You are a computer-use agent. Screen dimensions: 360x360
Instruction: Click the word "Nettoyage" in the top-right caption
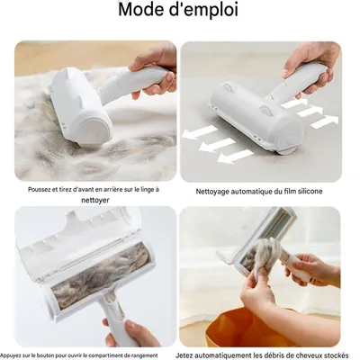click(217, 191)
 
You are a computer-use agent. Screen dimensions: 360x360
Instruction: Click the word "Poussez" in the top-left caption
click(41, 190)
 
